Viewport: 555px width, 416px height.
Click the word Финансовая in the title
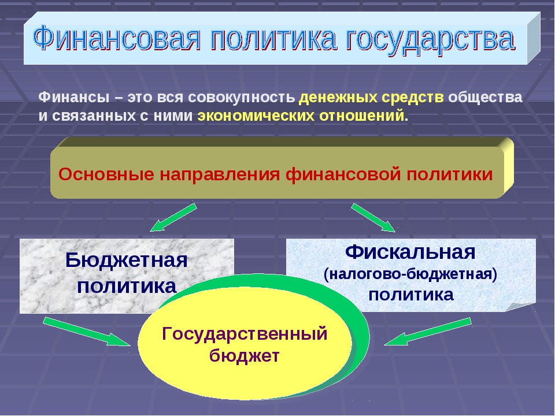(117, 39)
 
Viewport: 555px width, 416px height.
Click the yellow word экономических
(256, 116)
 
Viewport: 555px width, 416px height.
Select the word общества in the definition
(485, 98)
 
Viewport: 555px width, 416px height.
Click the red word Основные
(106, 174)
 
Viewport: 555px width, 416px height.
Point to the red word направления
(220, 175)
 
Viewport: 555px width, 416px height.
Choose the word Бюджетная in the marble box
(127, 261)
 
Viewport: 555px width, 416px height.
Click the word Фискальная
(410, 252)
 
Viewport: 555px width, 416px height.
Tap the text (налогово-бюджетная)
(410, 274)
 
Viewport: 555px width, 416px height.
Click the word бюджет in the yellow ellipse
(245, 355)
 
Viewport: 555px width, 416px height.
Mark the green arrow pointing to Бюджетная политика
(173, 217)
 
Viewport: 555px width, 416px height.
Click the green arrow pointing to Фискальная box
(373, 218)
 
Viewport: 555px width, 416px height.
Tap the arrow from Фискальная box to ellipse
(428, 332)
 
